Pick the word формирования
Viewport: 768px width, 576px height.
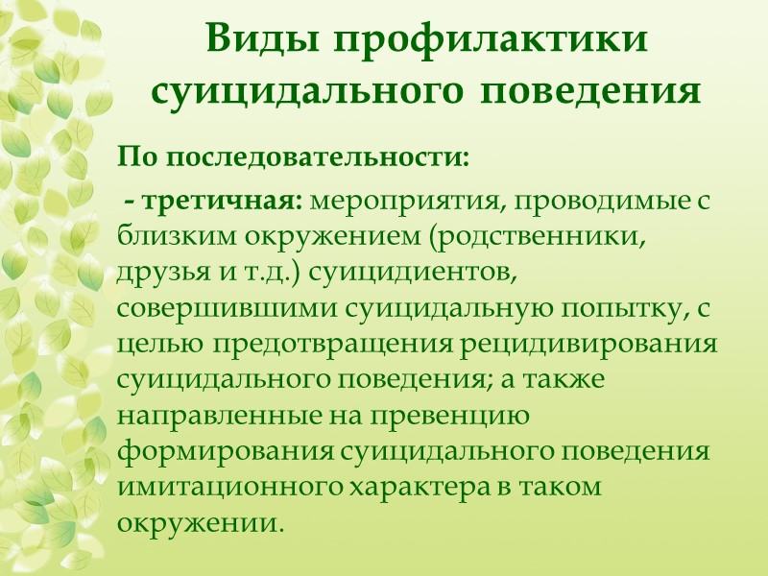(214, 448)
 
